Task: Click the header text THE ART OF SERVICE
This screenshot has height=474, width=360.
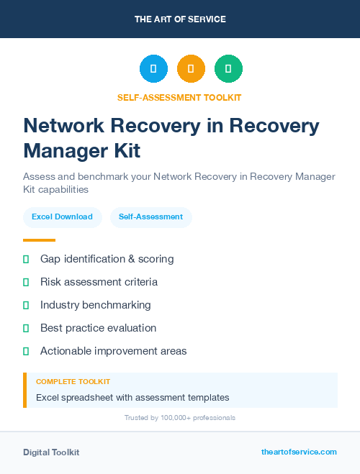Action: coord(180,19)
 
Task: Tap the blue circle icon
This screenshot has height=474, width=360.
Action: coord(153,69)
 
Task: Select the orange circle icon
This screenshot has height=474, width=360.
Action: coord(191,69)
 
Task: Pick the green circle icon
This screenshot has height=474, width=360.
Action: coord(228,69)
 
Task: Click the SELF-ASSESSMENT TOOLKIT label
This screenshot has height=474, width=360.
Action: coord(179,97)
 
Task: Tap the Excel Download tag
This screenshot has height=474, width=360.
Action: coord(62,217)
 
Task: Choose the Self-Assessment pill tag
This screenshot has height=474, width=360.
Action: coord(150,217)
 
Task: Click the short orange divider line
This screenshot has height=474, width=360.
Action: coord(39,240)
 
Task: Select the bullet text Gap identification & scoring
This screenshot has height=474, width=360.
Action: coord(107,259)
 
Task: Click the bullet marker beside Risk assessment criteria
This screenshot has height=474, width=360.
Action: coord(26,282)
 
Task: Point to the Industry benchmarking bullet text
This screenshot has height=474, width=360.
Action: coord(95,305)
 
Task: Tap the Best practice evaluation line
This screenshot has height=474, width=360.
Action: coord(98,328)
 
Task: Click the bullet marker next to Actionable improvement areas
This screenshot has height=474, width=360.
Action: coord(26,351)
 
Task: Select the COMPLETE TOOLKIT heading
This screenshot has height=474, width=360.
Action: coord(73,382)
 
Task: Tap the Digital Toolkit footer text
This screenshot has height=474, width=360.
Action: coord(51,452)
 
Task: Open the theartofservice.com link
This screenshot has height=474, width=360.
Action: coord(299,452)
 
